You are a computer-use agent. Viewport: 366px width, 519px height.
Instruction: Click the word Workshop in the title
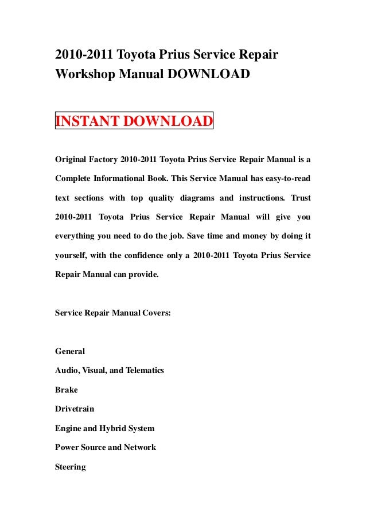[x=84, y=74]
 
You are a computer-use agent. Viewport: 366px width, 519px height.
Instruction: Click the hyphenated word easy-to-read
[x=285, y=178]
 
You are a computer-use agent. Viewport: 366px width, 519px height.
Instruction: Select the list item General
[x=70, y=351]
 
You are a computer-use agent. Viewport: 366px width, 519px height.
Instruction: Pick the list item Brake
[x=66, y=390]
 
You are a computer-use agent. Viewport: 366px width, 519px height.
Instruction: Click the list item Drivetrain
[x=75, y=409]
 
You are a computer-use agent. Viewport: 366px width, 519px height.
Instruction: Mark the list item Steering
[x=70, y=467]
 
